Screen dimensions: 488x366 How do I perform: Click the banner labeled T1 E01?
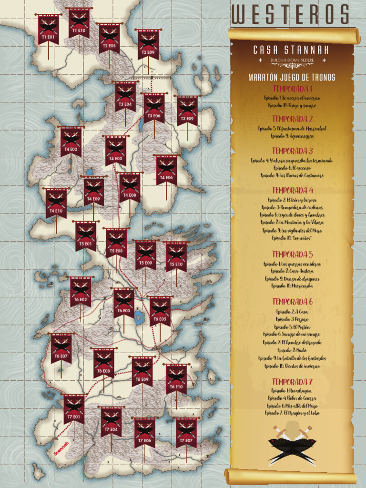[x=48, y=30]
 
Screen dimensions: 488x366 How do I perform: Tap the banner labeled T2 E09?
[x=148, y=44]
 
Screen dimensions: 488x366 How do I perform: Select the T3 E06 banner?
[x=154, y=108]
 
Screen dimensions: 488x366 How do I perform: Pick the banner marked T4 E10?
[x=56, y=203]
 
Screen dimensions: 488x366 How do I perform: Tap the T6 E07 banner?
[x=61, y=348]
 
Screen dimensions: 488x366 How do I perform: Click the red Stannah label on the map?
[x=61, y=448]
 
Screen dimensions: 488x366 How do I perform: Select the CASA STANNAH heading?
[x=291, y=50]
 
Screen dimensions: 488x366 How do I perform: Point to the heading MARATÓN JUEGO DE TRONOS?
[x=292, y=78]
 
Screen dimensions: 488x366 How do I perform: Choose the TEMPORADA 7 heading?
[x=292, y=382]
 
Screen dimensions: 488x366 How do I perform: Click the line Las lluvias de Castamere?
[x=292, y=175]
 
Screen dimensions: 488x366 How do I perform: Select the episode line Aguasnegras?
[x=292, y=136]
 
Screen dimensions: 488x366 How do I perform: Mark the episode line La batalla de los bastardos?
[x=292, y=358]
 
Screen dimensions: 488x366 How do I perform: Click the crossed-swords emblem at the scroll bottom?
[x=292, y=445]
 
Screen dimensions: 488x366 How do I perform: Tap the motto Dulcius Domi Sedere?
[x=291, y=61]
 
